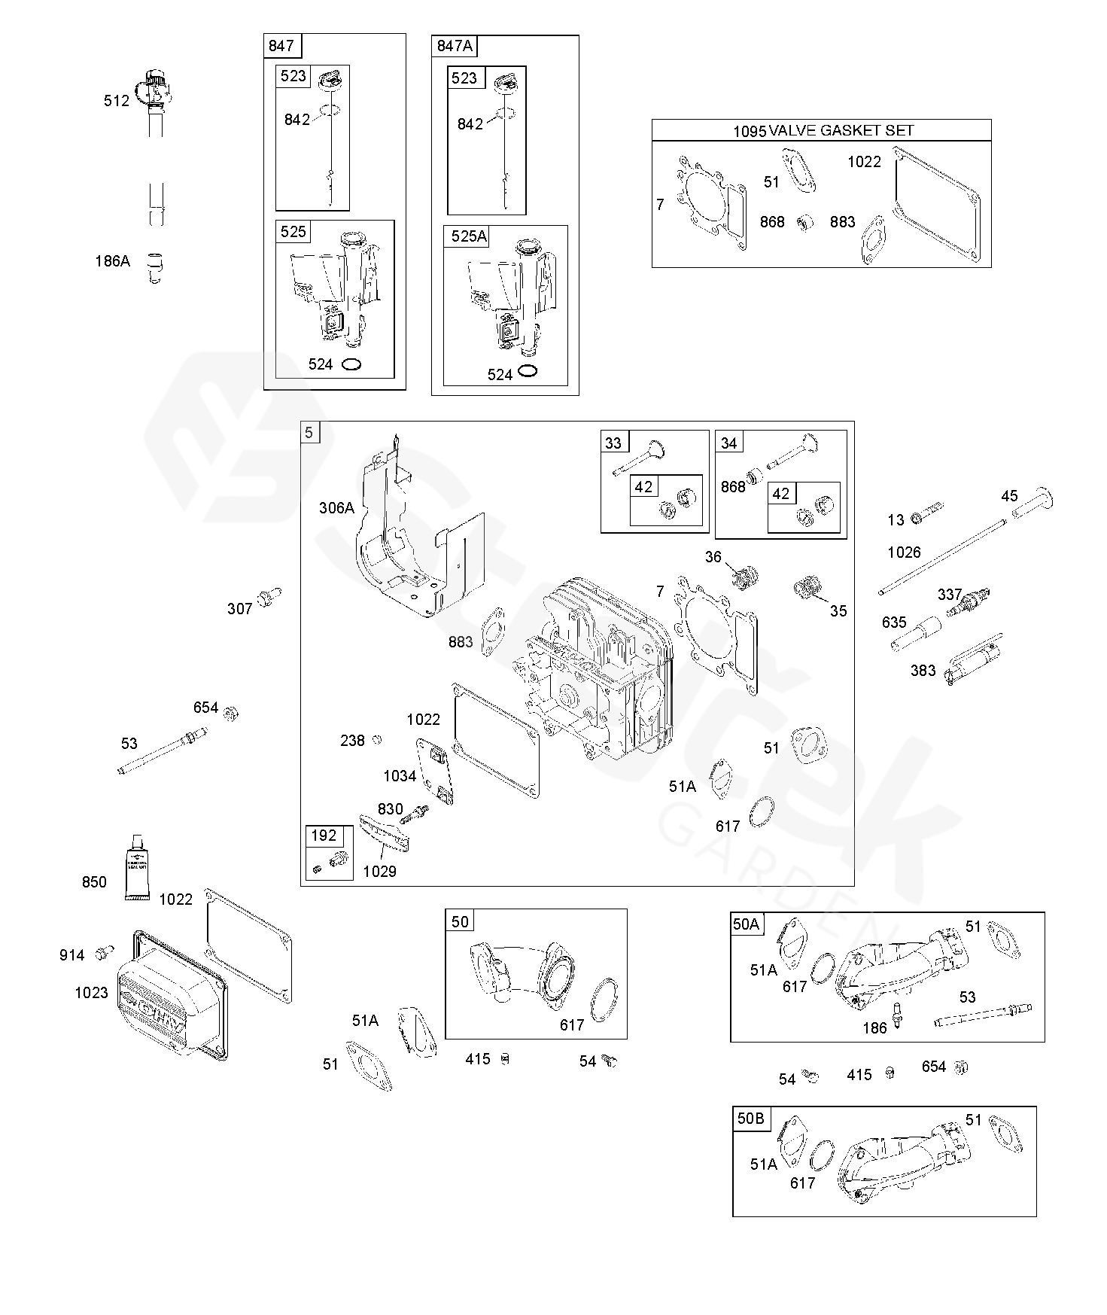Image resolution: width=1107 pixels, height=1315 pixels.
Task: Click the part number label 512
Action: click(117, 101)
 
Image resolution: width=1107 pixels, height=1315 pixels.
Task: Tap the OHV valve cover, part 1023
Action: click(169, 994)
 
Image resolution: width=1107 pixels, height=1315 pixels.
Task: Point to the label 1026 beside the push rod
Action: click(904, 552)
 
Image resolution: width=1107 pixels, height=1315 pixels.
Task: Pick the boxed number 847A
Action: click(455, 46)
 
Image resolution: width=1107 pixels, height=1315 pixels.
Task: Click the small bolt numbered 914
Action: click(104, 953)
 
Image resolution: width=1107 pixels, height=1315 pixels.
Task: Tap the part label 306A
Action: click(336, 508)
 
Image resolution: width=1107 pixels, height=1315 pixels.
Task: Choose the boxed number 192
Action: click(324, 836)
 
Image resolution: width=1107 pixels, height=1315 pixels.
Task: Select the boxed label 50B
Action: click(750, 1119)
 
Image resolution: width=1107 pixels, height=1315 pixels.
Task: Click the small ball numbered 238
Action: click(377, 739)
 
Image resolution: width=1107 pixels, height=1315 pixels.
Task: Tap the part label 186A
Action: click(112, 261)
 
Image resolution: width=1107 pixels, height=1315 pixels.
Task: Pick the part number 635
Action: click(894, 622)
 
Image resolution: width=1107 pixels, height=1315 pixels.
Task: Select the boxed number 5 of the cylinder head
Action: click(309, 432)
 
